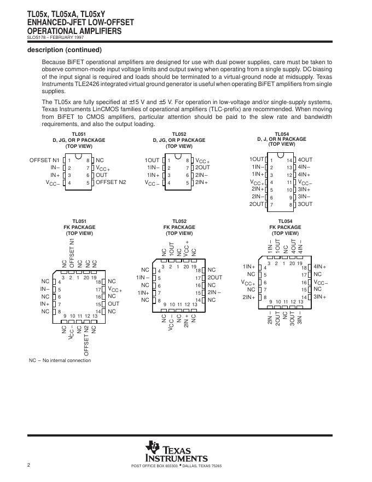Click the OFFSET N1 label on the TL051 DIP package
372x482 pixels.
[44, 160]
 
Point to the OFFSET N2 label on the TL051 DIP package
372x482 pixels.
[111, 182]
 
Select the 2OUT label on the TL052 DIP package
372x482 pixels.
[202, 167]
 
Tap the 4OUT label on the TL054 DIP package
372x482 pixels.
[305, 159]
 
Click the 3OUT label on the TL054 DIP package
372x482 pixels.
[305, 204]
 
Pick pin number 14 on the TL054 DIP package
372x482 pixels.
[289, 160]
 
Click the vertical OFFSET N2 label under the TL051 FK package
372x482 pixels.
[86, 340]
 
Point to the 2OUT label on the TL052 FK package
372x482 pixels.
[215, 278]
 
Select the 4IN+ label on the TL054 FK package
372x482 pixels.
[320, 267]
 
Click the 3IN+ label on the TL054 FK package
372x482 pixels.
[320, 297]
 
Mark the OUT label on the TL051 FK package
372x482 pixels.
[113, 303]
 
